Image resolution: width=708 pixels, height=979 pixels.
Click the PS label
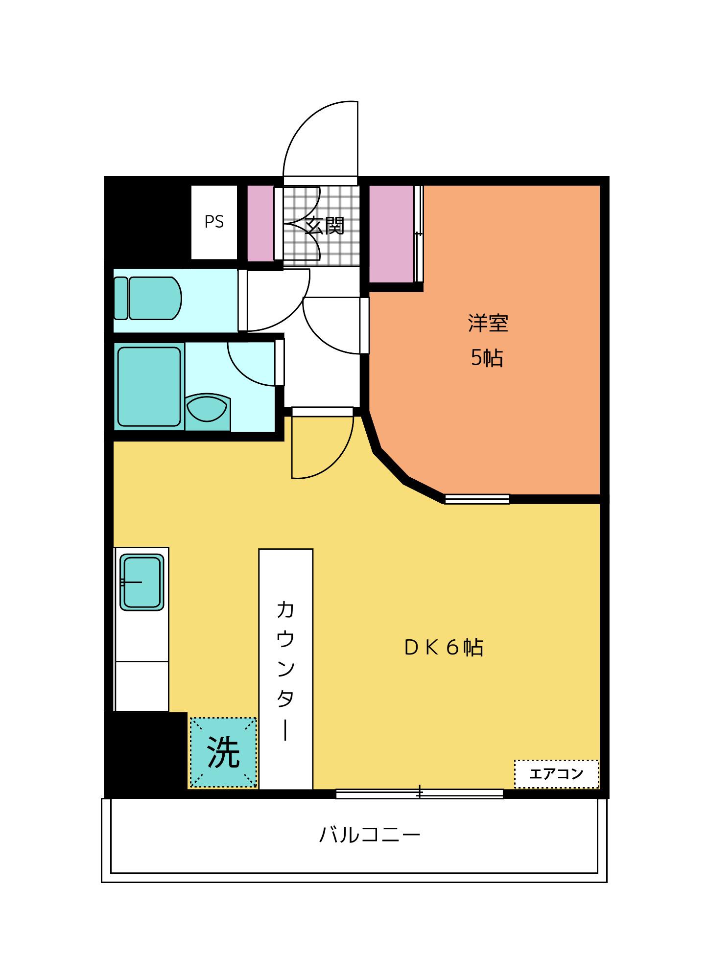tap(214, 222)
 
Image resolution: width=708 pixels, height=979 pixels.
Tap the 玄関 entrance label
tap(325, 226)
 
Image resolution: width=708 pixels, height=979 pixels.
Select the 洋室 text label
tap(488, 324)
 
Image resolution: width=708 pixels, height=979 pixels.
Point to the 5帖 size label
tap(487, 358)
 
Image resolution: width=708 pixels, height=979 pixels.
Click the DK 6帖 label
tap(444, 648)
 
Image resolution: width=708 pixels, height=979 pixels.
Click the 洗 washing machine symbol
tap(223, 752)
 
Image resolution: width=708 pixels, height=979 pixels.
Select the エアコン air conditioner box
tap(557, 774)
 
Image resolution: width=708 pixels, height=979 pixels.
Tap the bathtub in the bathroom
tap(149, 387)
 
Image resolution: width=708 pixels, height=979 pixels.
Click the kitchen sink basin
tap(142, 582)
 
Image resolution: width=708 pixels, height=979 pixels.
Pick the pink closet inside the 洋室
tap(391, 234)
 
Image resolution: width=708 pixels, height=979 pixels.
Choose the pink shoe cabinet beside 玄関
tap(260, 223)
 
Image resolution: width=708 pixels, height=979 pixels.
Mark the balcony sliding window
tap(420, 793)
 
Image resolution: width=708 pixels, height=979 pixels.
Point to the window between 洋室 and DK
tap(477, 499)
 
